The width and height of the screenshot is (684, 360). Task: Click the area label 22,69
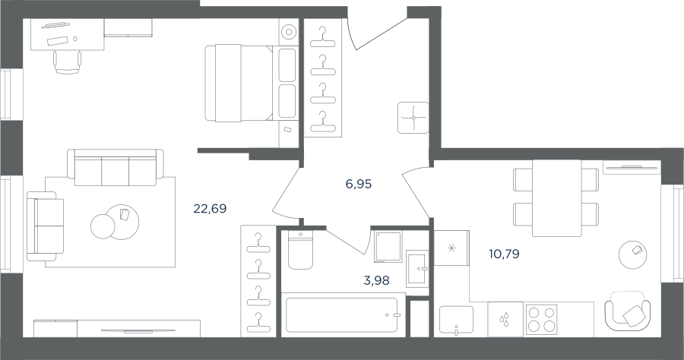(210, 209)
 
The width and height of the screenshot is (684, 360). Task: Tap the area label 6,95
(359, 185)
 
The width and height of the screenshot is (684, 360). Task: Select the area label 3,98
(376, 280)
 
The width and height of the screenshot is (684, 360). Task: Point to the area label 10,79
(505, 254)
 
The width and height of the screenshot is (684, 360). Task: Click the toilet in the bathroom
(300, 250)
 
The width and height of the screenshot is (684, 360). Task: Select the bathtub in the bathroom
(342, 314)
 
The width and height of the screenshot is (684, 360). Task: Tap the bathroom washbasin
(417, 268)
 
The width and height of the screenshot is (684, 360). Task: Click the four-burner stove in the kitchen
(542, 319)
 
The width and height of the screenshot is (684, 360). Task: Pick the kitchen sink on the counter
(456, 321)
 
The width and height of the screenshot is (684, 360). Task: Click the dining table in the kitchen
(556, 198)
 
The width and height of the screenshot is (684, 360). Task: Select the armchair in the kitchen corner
(627, 311)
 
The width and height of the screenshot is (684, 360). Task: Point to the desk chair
(68, 62)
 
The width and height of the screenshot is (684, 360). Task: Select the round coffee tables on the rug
(116, 223)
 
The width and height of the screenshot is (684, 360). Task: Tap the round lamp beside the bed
(288, 32)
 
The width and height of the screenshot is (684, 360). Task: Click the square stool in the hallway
(413, 118)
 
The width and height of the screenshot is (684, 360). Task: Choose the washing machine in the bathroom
(388, 246)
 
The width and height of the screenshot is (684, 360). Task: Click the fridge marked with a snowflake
(451, 248)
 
